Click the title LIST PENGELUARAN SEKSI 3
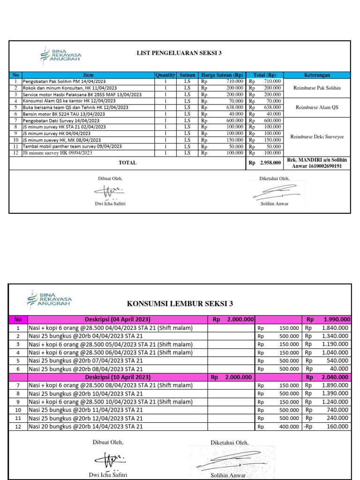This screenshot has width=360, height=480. click(179, 53)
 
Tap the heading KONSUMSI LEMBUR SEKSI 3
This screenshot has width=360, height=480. click(180, 304)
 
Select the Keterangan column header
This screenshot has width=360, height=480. click(317, 75)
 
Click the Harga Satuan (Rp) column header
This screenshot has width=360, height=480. click(222, 75)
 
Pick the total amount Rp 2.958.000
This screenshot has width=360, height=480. click(265, 163)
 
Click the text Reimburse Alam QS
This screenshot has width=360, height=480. click(317, 107)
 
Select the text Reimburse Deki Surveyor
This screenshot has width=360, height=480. click(317, 136)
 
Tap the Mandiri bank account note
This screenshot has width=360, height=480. click(317, 163)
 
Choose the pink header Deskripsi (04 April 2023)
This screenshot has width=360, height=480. click(117, 320)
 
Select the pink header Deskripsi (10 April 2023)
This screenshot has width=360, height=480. click(117, 377)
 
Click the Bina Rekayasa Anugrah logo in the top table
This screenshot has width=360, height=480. click(61, 55)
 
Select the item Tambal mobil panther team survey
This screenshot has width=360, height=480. click(72, 146)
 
